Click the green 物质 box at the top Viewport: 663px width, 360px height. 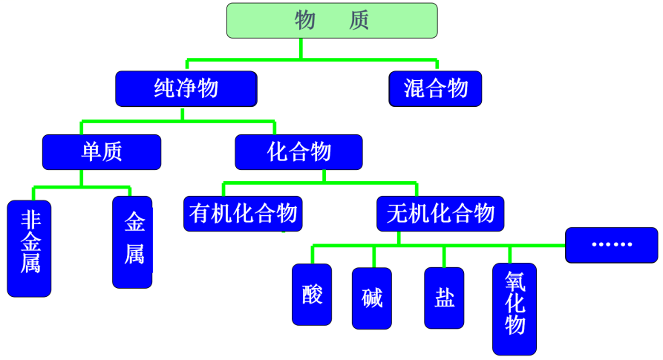coord(332,21)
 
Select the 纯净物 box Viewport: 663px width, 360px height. coord(186,88)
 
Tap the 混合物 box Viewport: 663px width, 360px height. coord(436,88)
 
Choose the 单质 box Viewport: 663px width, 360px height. coord(102,152)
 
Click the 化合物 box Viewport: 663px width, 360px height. coord(298,152)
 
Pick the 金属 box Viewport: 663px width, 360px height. coord(133,242)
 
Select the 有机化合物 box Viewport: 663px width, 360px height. coord(244,214)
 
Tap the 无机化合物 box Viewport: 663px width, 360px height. coord(440,214)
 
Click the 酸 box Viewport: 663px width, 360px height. coord(312,295)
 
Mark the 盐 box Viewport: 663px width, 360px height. coord(444,298)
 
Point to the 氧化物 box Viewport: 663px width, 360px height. coord(515,309)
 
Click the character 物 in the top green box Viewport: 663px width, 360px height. coord(305,21)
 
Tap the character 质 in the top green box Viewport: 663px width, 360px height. coord(359,21)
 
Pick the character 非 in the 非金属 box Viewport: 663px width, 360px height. coord(30,220)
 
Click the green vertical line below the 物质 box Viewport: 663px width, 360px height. coord(301,48)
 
